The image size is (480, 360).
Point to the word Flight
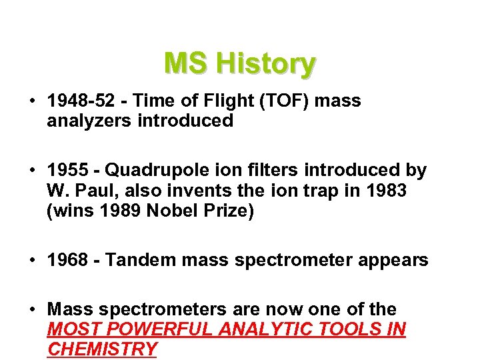229,101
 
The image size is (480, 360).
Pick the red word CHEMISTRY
102,349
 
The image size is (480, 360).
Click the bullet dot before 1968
32,260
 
